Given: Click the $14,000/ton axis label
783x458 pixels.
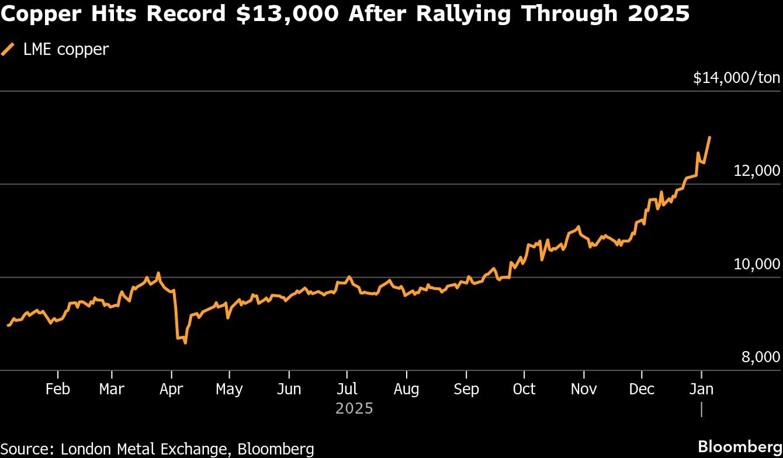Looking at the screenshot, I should (736, 78).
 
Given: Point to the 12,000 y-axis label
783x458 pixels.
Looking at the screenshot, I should (757, 171).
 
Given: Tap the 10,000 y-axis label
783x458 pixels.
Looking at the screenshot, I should (757, 264).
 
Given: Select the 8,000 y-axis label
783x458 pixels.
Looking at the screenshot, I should (760, 357).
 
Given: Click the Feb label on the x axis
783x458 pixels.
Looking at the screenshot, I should (57, 389).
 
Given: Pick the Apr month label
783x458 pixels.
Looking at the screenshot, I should (171, 389).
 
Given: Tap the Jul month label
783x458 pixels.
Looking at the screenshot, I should (347, 389).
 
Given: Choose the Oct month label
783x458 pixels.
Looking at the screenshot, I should (524, 389).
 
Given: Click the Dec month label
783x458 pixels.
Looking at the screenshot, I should (642, 389).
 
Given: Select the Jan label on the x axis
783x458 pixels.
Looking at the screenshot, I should (701, 389).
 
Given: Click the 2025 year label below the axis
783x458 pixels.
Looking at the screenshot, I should (354, 408).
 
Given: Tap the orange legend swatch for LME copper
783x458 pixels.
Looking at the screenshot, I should (8, 49).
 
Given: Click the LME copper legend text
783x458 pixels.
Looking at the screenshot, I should (65, 49).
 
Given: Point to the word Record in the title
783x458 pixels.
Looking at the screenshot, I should (185, 14).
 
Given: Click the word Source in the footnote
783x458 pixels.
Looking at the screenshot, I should (27, 449).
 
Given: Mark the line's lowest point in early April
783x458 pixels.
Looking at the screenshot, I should (185, 343).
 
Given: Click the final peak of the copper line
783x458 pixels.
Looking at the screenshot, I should (709, 137).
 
